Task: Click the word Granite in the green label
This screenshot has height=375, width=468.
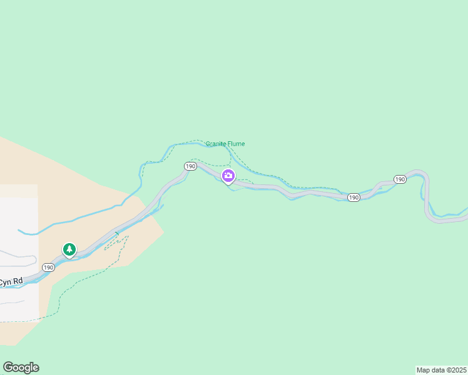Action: (x=216, y=144)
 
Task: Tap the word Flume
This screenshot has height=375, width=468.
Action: (x=237, y=144)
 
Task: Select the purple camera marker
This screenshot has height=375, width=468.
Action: (x=228, y=176)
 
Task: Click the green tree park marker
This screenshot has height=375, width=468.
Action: (x=69, y=250)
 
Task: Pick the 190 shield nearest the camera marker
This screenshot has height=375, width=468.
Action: (x=191, y=166)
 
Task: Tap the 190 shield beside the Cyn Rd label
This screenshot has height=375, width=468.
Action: (x=49, y=267)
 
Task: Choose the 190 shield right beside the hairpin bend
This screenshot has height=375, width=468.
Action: (x=400, y=179)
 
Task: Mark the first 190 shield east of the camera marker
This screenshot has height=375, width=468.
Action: (x=354, y=197)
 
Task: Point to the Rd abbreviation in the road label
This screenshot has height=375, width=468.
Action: (x=19, y=281)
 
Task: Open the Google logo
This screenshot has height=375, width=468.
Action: (x=21, y=367)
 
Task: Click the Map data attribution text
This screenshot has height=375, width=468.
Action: (x=430, y=370)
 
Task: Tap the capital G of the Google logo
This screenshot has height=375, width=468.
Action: (x=9, y=367)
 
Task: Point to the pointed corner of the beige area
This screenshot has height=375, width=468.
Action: (x=164, y=232)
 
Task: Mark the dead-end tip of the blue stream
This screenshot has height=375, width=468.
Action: (x=19, y=231)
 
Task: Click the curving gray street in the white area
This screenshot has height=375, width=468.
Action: (x=19, y=256)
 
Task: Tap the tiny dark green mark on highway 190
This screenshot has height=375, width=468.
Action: (x=116, y=234)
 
